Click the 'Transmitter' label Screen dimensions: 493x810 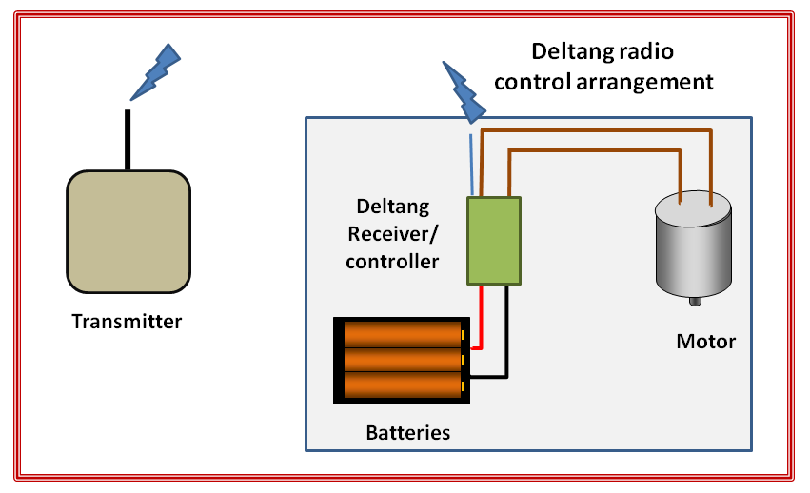point(127,322)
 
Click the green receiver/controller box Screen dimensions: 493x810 point(493,240)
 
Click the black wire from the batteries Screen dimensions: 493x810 point(506,343)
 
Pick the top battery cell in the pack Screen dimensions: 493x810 point(402,334)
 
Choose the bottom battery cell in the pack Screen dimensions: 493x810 point(402,385)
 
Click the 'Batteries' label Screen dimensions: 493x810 point(407,433)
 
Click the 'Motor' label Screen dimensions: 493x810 point(705,341)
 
